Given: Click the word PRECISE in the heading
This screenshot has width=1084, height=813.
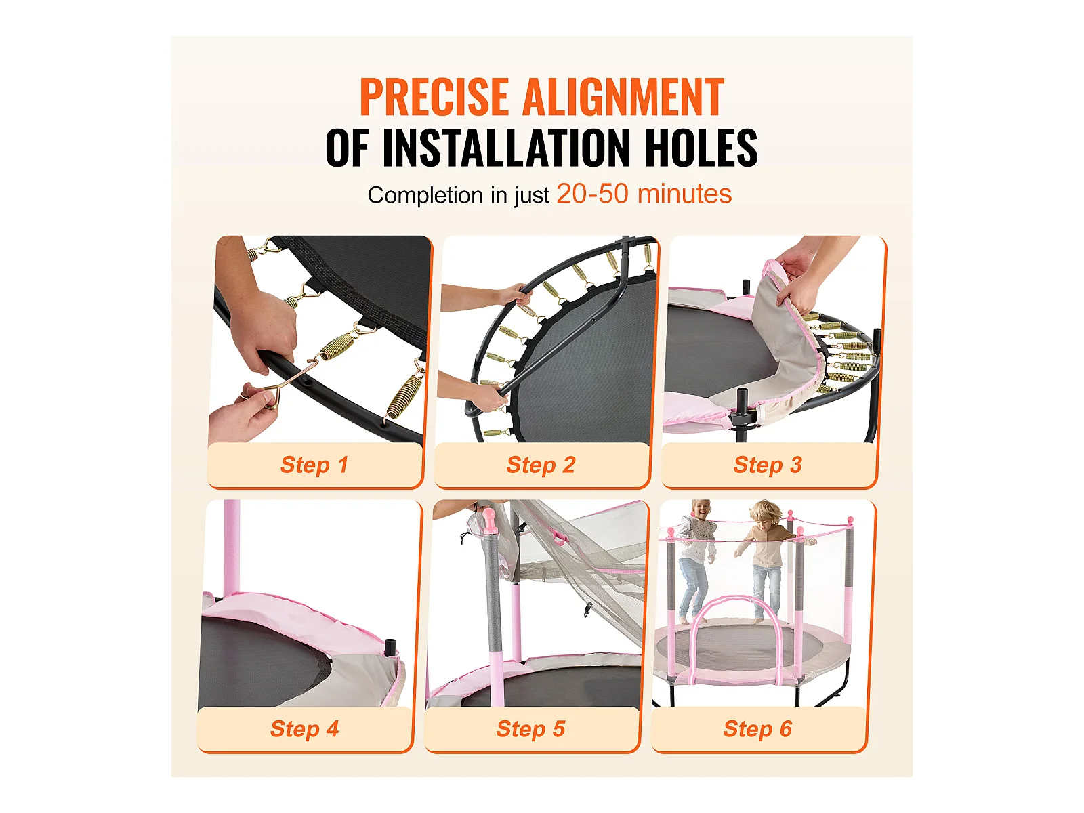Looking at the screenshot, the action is (434, 97).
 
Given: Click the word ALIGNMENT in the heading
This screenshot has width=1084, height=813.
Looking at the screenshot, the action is (624, 97).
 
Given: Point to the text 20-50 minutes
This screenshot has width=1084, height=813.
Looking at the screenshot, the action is (644, 194).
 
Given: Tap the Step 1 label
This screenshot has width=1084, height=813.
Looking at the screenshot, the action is (314, 465).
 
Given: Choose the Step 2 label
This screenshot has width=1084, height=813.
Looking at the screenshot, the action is (541, 465).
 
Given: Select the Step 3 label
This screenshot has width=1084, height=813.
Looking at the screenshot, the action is (768, 465).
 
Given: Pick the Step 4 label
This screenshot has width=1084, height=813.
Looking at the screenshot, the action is (304, 728).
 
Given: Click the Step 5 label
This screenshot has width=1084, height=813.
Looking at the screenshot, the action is (531, 728).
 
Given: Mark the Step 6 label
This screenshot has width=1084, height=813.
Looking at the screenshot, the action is (757, 728).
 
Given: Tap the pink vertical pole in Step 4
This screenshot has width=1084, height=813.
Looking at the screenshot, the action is (231, 549).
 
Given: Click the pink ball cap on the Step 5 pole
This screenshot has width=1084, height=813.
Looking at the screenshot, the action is (488, 519).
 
